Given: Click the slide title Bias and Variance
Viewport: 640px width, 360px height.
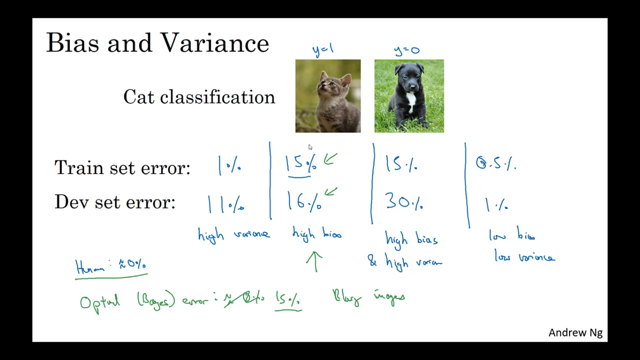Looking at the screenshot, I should click(157, 43).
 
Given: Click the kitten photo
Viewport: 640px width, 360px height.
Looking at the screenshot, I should click(328, 96).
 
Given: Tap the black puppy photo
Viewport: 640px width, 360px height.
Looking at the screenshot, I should click(409, 96).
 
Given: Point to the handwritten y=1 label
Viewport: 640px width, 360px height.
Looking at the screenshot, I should click(323, 50).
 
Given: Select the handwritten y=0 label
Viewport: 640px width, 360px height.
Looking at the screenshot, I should click(407, 51).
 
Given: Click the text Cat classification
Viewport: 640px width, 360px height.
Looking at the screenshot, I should click(199, 97).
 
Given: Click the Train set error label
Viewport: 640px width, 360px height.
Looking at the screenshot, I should click(122, 168).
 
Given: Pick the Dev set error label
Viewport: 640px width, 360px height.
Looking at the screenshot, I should click(115, 203).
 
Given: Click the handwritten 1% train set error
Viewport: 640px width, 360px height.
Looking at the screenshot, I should click(229, 166).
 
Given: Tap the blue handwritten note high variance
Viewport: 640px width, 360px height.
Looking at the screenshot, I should click(234, 234).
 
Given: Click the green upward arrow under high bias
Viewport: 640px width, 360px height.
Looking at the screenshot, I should click(315, 261).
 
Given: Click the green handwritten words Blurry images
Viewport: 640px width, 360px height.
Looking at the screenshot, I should click(368, 297).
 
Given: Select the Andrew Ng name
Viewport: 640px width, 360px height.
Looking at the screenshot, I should click(575, 333).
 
